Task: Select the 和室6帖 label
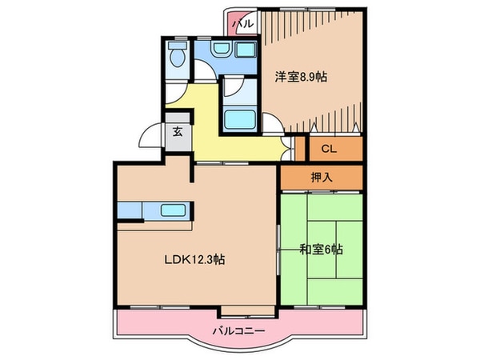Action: (x=321, y=250)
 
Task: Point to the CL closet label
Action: (x=329, y=148)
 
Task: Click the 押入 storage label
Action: (x=321, y=178)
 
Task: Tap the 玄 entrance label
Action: (x=177, y=134)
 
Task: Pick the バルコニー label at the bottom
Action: (x=238, y=330)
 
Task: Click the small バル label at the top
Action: (x=243, y=24)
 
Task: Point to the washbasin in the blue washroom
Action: (x=222, y=50)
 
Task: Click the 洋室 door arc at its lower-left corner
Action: (x=273, y=122)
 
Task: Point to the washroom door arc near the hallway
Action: (x=206, y=72)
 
